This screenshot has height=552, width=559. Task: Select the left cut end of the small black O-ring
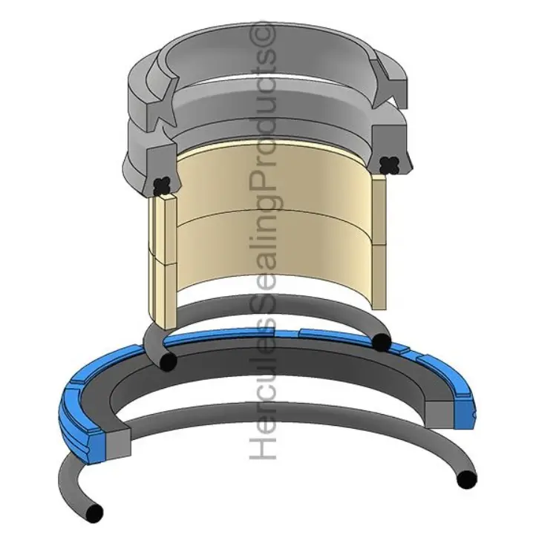(169, 361)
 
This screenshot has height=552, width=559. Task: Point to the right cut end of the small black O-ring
(381, 343)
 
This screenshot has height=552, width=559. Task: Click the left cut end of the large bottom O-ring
(94, 513)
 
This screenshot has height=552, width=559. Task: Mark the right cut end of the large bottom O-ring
(465, 479)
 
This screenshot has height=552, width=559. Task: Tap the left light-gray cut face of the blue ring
(119, 447)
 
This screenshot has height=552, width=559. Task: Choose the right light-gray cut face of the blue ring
(439, 415)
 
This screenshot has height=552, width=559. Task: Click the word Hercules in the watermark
(264, 396)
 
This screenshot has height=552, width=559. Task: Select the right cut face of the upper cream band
(379, 211)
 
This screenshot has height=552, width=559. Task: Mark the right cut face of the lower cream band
(379, 277)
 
